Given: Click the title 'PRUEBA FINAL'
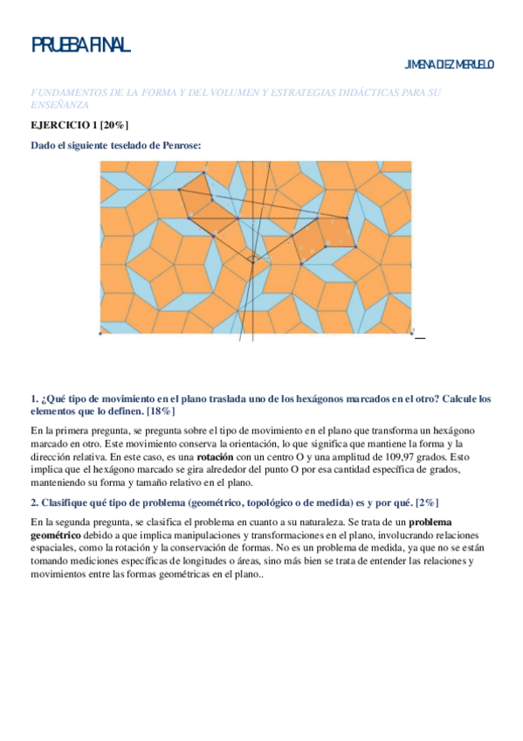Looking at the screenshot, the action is [x=80, y=45].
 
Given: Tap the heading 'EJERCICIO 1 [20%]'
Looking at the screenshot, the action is [x=78, y=126].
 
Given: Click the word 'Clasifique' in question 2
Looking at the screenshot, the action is [x=66, y=502].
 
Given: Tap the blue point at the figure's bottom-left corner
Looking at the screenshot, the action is [x=100, y=333].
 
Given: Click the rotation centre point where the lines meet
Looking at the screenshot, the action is [x=254, y=257].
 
